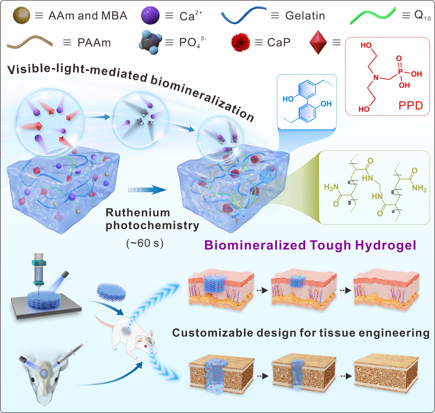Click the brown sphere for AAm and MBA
tap(21, 15)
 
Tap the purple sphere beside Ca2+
tap(150, 15)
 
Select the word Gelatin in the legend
tap(305, 16)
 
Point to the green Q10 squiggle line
tap(372, 16)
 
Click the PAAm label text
tap(94, 43)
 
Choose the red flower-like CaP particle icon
tap(240, 42)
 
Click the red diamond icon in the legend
tap(318, 42)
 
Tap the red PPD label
tap(411, 105)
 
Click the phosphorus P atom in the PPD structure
tap(400, 72)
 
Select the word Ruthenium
tap(138, 213)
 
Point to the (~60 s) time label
tap(145, 243)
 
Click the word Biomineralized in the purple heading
tap(255, 245)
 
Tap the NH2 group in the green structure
tap(419, 188)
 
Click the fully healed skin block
tap(386, 289)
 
